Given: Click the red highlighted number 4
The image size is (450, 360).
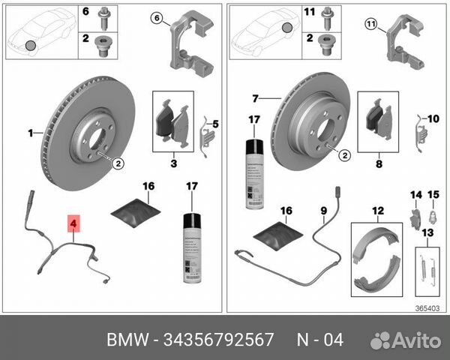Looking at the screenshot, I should pos(73,223).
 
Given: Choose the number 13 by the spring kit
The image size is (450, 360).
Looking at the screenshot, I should pos(428,232).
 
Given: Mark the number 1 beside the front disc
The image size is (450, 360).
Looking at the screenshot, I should pos(31,133).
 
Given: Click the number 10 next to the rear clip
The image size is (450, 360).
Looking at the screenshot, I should pos(432,118).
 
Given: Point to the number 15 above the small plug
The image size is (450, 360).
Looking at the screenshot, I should pos(432,196).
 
